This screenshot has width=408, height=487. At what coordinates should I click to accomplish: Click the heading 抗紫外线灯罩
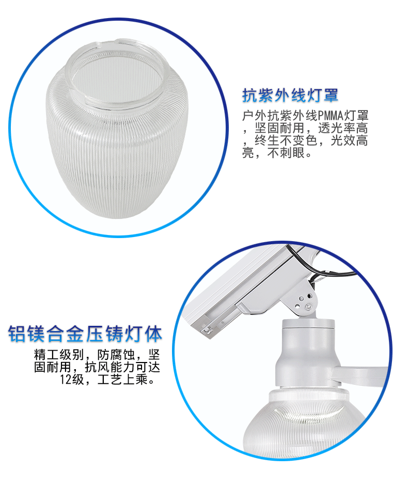(x=290, y=96)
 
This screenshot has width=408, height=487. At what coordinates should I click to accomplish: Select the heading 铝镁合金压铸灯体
(x=85, y=334)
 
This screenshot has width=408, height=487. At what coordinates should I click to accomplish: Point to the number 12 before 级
(x=66, y=379)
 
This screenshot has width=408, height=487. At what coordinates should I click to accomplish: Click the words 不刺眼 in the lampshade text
(x=286, y=153)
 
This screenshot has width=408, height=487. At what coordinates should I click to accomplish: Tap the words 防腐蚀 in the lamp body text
(x=116, y=354)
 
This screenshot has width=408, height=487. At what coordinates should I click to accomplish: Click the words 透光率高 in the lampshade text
(x=343, y=128)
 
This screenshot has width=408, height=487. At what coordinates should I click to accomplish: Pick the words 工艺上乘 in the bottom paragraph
(x=122, y=379)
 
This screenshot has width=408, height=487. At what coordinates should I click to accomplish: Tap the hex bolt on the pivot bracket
(x=308, y=307)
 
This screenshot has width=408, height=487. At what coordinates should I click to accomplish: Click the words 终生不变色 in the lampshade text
(x=286, y=140)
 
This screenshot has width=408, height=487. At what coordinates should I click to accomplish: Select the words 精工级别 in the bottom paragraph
(x=59, y=354)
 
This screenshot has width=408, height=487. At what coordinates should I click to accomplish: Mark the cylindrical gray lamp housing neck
(x=308, y=354)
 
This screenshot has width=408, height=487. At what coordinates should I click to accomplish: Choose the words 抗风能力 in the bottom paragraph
(x=110, y=367)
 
